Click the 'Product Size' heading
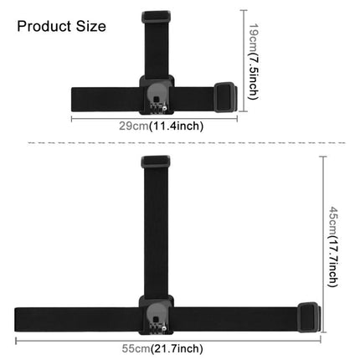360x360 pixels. [62, 26]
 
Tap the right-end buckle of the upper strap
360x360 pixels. [227, 95]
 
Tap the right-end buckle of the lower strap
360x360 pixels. [307, 316]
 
